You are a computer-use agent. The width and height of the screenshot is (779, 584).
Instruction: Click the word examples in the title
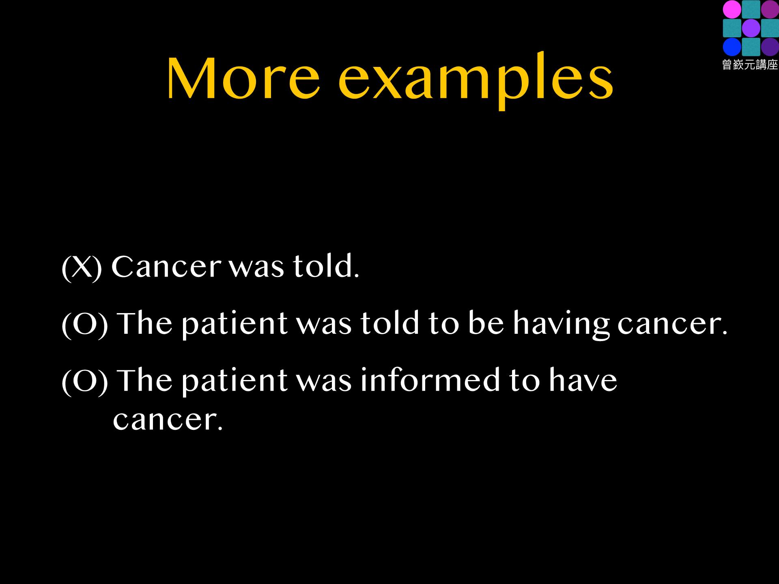476,81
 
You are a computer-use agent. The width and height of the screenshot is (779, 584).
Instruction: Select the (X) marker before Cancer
82,267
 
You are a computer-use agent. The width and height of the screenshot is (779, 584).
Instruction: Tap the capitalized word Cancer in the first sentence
167,266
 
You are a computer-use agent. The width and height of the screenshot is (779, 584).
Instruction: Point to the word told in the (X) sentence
326,266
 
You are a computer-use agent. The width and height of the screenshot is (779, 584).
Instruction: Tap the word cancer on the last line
168,420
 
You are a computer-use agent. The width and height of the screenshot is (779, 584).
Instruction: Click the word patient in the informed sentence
235,382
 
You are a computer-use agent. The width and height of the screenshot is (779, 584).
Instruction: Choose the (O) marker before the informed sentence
84,381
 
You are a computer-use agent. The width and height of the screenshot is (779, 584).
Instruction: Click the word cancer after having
673,324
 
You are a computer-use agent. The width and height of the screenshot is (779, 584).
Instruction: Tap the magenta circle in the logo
732,9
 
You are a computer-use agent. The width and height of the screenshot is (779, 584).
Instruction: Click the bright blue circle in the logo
732,47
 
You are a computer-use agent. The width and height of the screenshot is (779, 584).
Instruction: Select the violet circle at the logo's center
751,28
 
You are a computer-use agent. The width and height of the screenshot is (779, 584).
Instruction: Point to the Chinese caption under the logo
750,65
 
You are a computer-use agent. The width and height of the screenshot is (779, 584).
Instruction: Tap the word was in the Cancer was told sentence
256,268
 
